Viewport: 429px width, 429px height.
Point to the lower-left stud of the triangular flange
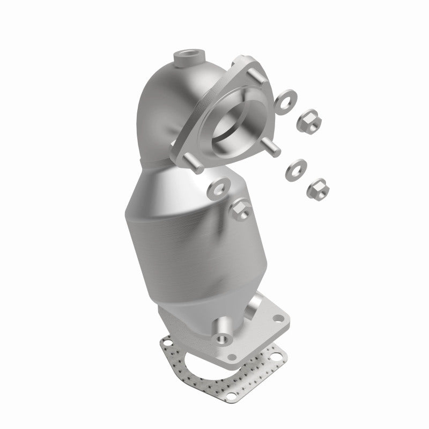tap(190, 162)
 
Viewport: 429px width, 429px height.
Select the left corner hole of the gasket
tap(168, 342)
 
